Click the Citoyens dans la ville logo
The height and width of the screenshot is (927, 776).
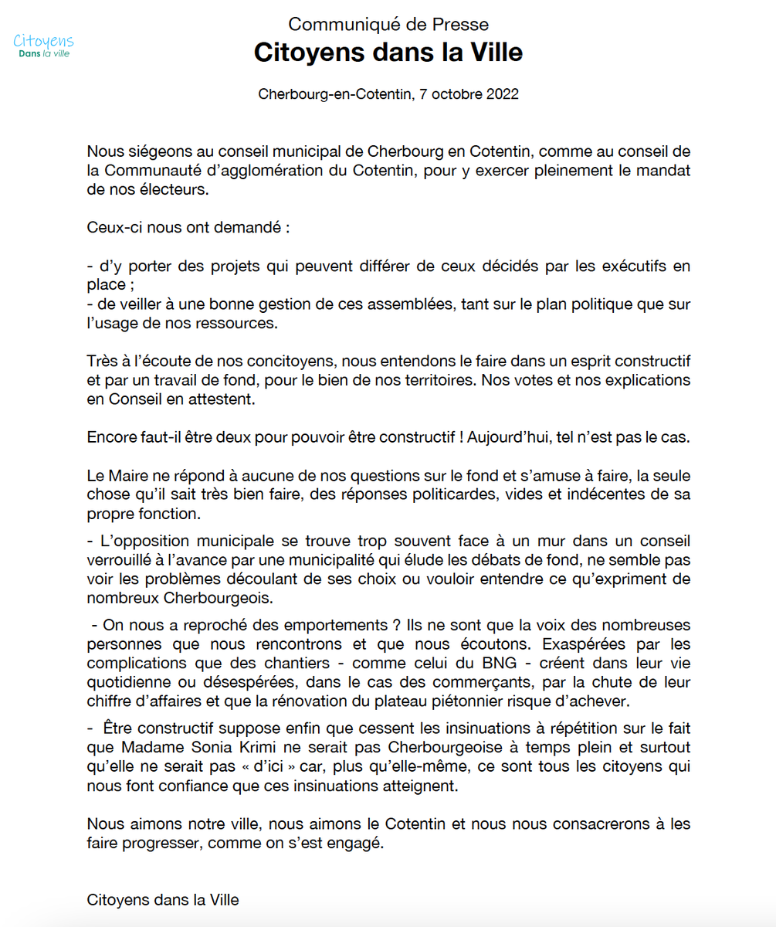coord(44,46)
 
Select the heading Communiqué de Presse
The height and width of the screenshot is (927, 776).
coord(388,25)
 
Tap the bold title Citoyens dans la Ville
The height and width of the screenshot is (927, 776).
coord(388,53)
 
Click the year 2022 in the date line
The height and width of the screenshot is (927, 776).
coord(502,95)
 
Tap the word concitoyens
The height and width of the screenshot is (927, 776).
coord(291,362)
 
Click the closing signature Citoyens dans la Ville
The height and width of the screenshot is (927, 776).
coord(163,900)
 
